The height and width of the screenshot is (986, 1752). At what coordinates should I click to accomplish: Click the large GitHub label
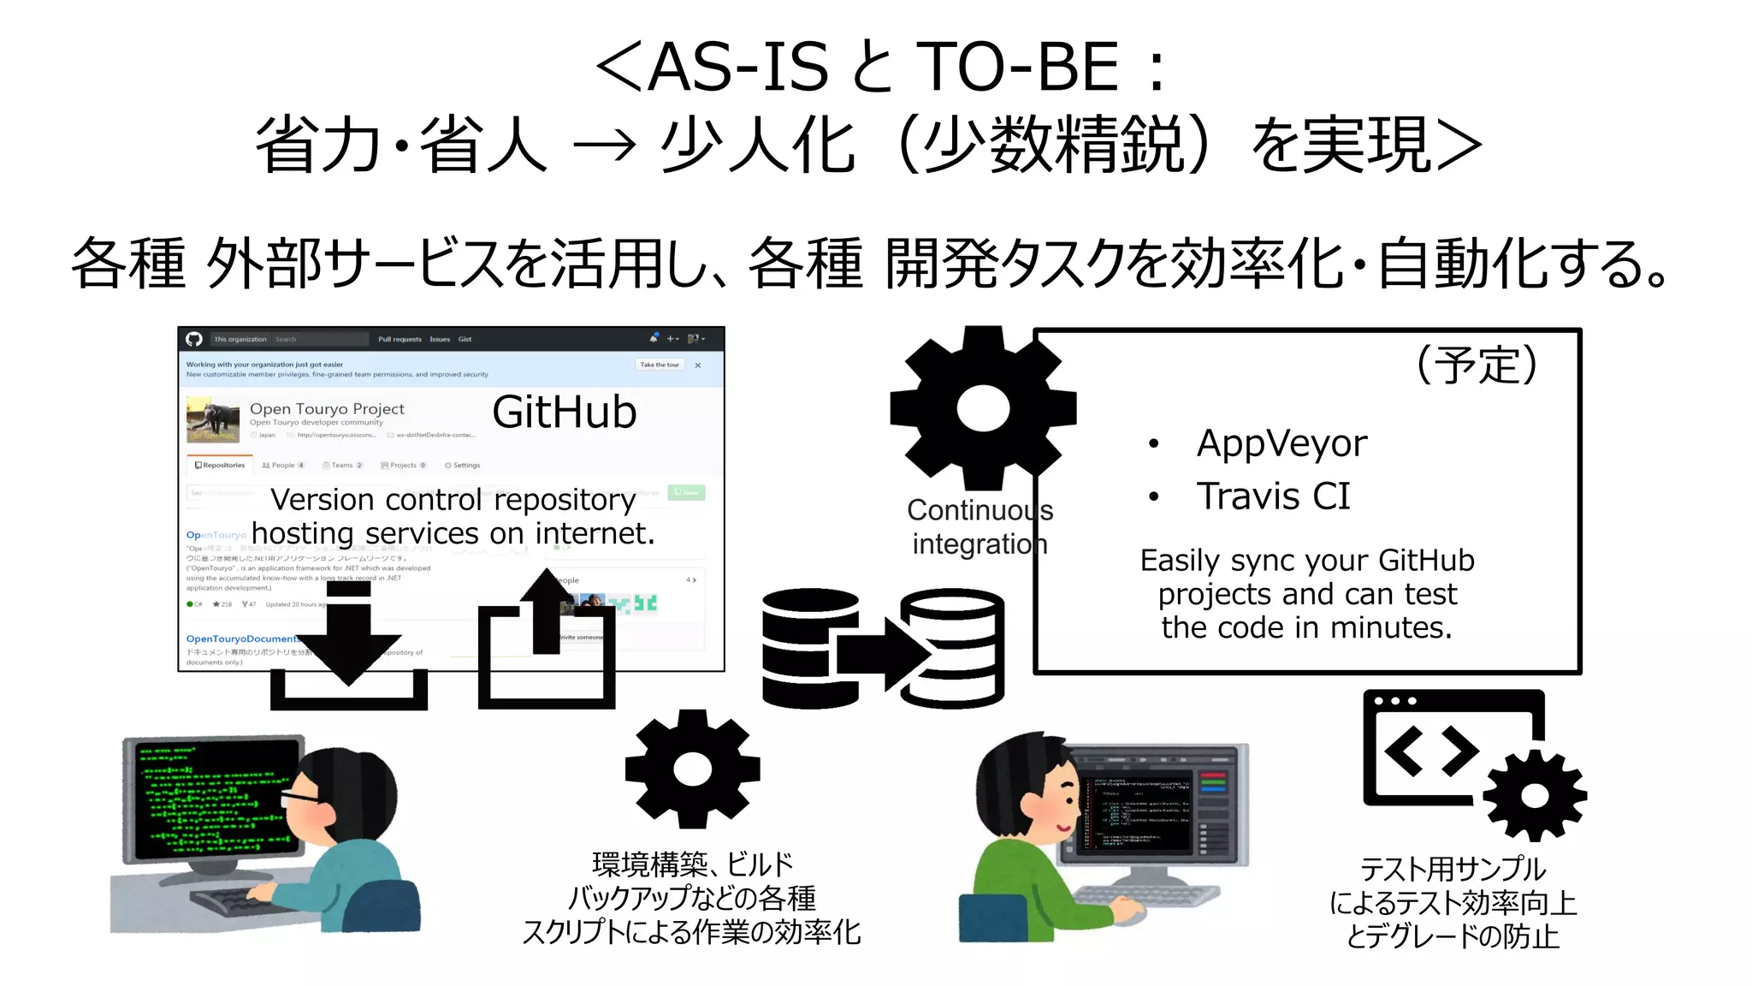(564, 413)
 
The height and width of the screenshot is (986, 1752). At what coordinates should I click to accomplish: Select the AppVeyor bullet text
(1281, 443)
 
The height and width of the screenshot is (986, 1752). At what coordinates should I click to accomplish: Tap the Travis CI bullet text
(1272, 496)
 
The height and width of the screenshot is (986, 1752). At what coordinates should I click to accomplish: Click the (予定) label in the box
(1477, 365)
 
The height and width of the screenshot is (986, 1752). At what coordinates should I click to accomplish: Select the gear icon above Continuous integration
(982, 408)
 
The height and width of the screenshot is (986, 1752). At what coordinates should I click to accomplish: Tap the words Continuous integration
(980, 527)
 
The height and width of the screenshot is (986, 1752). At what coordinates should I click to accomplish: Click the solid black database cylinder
(808, 648)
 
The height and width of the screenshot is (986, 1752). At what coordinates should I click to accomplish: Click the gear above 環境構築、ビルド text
(692, 769)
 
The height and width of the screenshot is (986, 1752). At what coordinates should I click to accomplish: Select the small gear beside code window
(1534, 796)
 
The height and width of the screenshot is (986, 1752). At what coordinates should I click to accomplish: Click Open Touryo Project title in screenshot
(327, 409)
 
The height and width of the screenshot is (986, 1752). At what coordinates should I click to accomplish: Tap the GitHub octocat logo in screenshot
(194, 339)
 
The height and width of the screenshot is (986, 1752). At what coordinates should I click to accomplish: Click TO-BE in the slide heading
(1017, 68)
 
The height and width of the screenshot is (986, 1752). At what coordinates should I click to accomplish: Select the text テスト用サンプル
(1452, 870)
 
